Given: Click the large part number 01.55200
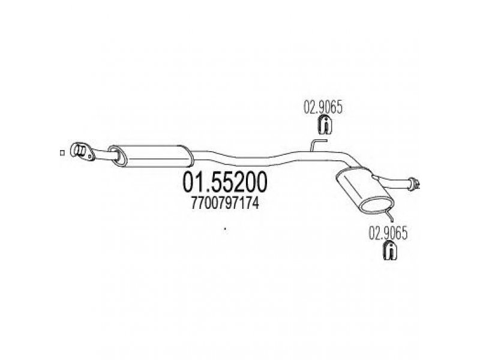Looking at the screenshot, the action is (x=224, y=182).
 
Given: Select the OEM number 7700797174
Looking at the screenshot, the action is (x=225, y=203).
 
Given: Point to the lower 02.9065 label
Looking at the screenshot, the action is (x=388, y=234).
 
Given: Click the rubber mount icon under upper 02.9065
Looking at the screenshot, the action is (x=324, y=125).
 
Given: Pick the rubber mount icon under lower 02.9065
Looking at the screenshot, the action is (x=390, y=251).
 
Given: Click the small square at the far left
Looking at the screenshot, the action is (x=62, y=153).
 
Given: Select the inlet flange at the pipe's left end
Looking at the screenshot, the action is (x=82, y=152).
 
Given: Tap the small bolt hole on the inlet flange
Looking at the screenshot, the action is (x=89, y=157).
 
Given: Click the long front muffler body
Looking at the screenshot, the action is (x=152, y=156).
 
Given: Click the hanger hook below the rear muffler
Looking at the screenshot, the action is (x=390, y=214).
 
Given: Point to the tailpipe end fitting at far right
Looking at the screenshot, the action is (x=415, y=184).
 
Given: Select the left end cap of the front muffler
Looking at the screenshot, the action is (x=118, y=156).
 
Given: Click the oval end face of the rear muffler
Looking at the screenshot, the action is (x=377, y=203).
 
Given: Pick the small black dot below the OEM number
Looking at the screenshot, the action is (x=226, y=229).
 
